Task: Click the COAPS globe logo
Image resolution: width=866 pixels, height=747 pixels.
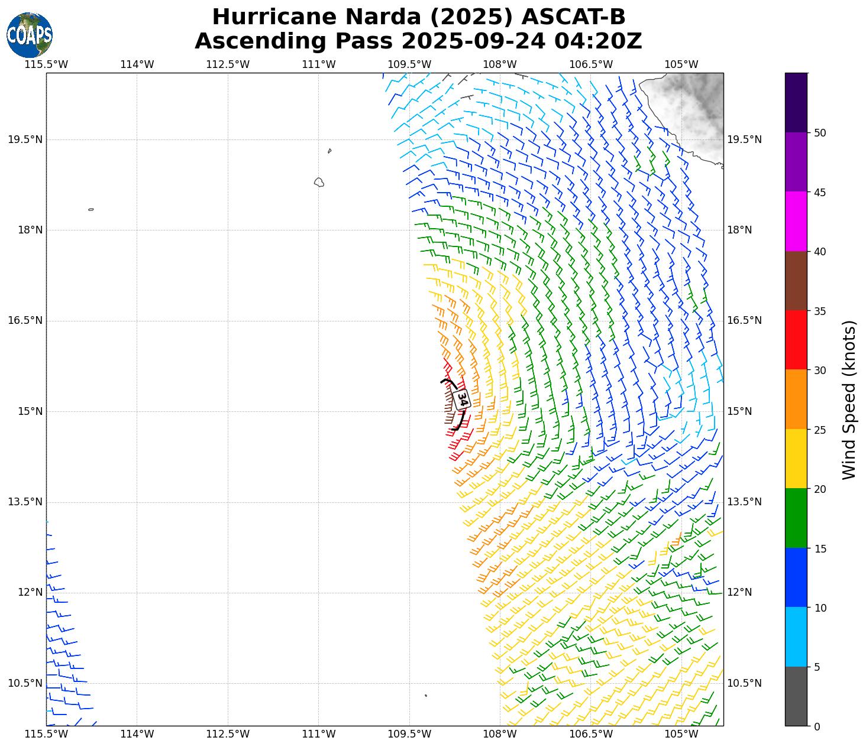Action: click(x=29, y=35)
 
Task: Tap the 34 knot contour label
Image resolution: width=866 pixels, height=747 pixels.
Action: click(x=463, y=400)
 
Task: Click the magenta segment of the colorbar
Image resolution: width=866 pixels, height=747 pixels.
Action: click(x=796, y=221)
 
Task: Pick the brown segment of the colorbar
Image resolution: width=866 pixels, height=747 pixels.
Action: click(x=796, y=281)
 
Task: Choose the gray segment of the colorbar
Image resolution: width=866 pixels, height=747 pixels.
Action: click(x=796, y=696)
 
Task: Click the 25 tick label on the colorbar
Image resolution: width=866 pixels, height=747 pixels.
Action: click(x=820, y=430)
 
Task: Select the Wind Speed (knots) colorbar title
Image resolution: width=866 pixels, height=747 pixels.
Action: click(x=849, y=400)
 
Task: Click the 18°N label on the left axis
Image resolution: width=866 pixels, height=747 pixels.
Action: click(x=30, y=230)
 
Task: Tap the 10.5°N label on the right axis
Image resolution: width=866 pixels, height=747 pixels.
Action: click(x=744, y=683)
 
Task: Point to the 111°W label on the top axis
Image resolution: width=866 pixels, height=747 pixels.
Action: click(x=319, y=64)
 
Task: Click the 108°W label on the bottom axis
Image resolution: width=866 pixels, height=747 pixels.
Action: click(x=500, y=734)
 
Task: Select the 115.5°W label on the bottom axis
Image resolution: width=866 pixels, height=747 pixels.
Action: click(x=46, y=734)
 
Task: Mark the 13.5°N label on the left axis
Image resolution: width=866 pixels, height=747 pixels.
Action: click(x=25, y=502)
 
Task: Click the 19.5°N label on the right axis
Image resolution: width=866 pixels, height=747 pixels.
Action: click(x=744, y=139)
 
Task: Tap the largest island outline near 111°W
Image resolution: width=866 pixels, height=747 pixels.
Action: click(x=319, y=182)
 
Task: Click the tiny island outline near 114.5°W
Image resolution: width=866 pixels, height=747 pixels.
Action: click(x=91, y=209)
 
